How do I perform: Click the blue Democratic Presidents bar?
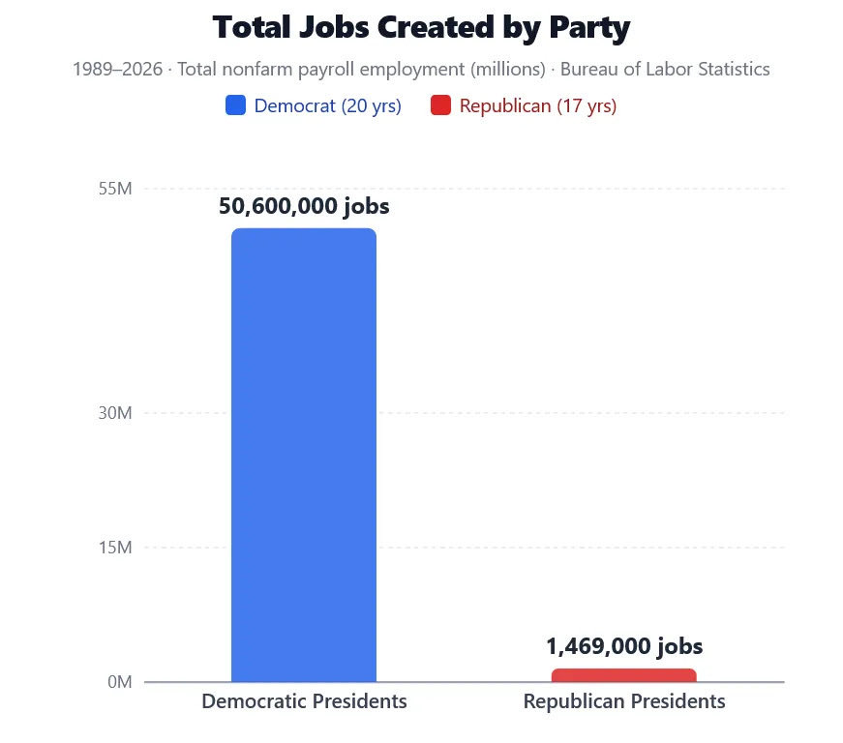click(x=303, y=455)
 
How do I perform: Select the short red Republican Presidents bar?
click(x=623, y=675)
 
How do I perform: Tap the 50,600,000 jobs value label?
click(x=304, y=206)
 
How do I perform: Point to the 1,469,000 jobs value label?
click(x=624, y=646)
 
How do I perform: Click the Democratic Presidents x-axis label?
click(x=304, y=701)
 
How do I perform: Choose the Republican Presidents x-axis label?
click(x=624, y=701)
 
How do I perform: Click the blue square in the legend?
click(x=235, y=105)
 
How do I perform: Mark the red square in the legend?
click(x=440, y=105)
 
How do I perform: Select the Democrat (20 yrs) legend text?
click(x=327, y=106)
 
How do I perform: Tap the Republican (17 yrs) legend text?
click(x=537, y=106)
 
